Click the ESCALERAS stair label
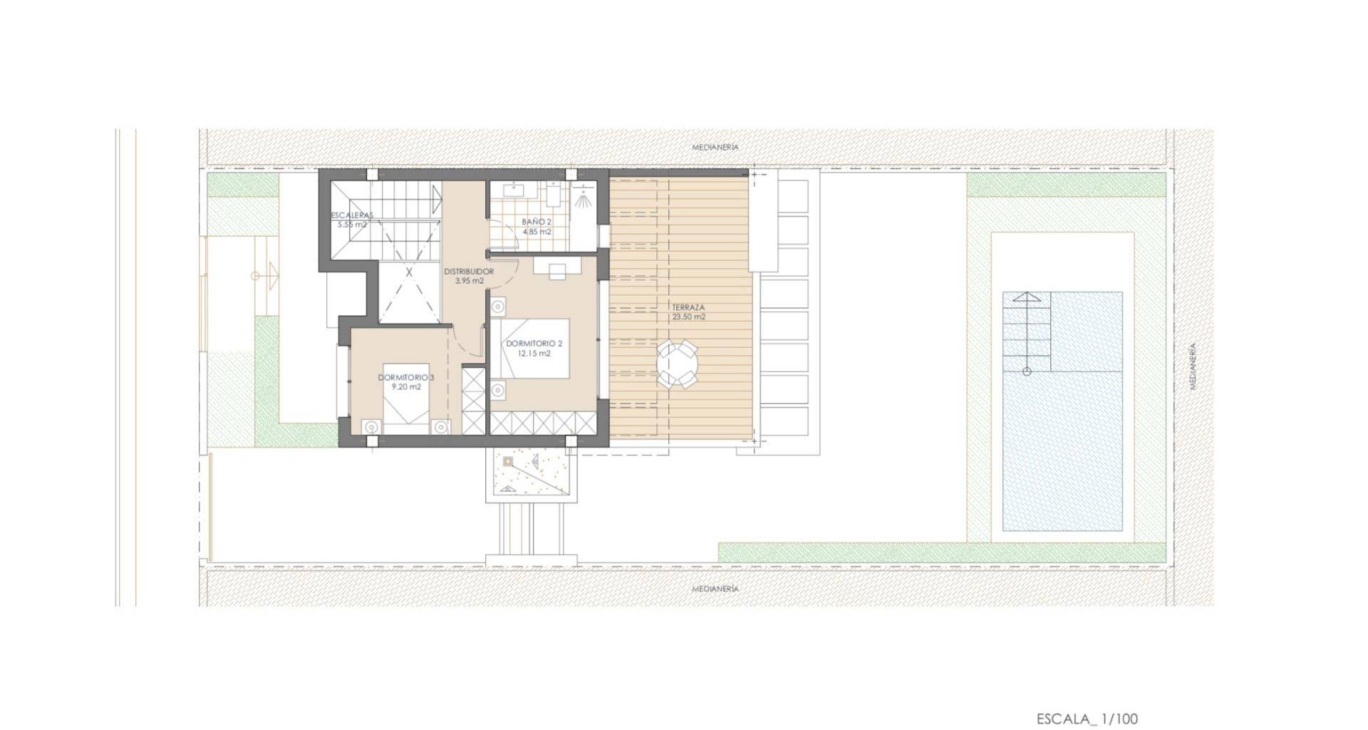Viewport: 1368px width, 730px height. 352,215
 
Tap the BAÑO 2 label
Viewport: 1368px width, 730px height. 537,222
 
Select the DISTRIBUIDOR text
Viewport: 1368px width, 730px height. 469,272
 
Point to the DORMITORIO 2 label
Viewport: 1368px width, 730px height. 534,344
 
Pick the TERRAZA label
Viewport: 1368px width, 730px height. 688,308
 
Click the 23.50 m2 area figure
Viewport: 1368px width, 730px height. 688,317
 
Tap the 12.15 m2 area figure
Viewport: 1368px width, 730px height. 534,354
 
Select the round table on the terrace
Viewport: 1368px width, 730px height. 678,364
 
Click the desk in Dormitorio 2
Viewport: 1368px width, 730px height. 556,267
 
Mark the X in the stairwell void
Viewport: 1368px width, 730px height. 410,272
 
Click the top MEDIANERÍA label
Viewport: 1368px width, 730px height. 715,148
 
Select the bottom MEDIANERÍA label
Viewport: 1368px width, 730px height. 715,589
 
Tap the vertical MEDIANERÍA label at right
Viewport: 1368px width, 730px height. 1193,366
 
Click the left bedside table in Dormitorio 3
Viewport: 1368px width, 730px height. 370,427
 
